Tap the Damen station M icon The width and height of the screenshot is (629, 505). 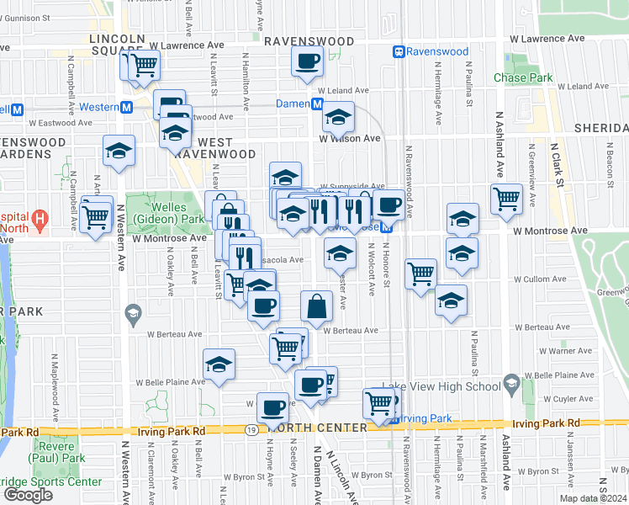coord(317,104)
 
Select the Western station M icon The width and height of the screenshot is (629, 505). coord(127,107)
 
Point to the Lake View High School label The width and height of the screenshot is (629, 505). coord(441,386)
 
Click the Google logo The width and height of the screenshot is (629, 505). coord(28,495)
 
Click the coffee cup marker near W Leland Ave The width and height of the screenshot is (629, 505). coord(308,61)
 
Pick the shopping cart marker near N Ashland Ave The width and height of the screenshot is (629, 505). coord(507,199)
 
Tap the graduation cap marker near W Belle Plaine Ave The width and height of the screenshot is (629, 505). coord(219,364)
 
